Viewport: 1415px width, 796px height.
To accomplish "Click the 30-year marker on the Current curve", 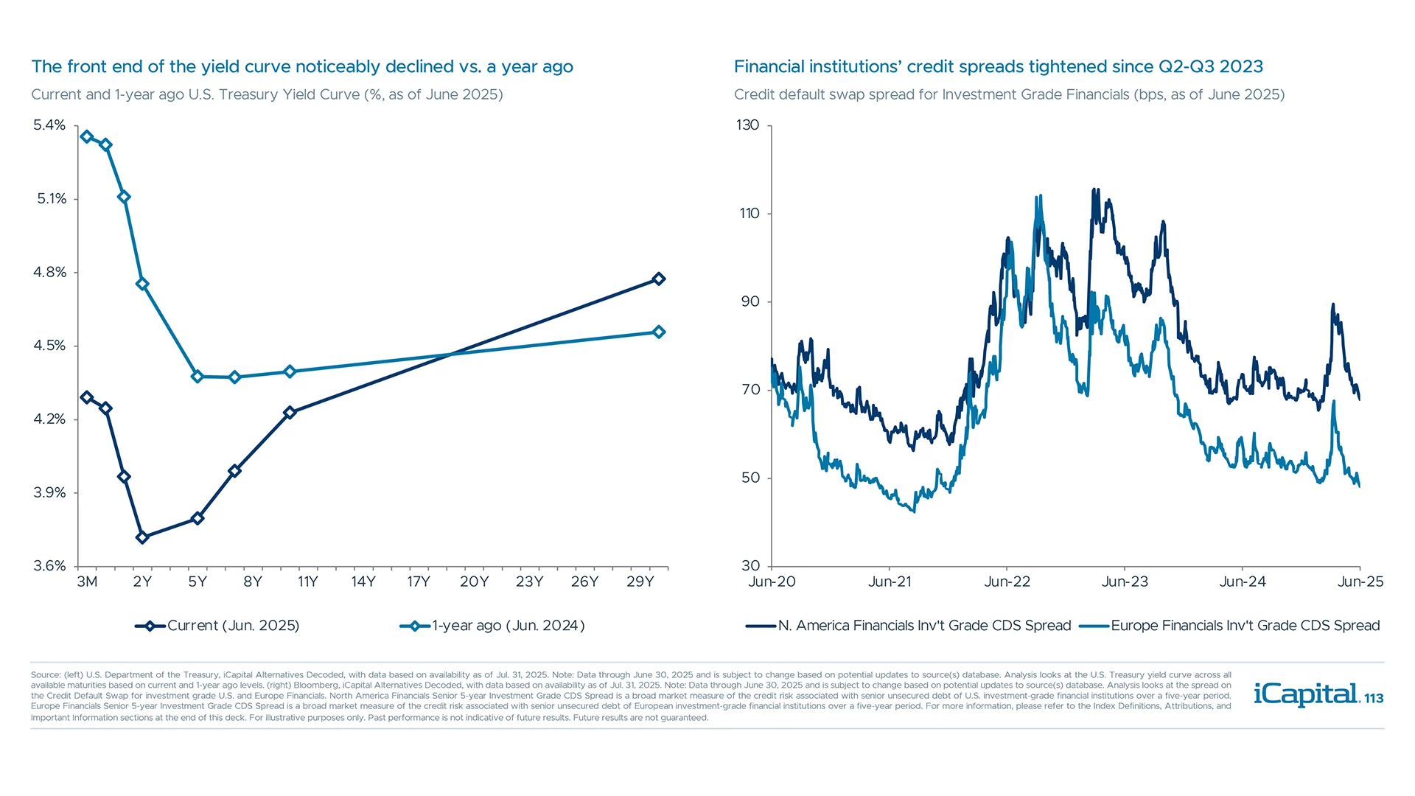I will (659, 279).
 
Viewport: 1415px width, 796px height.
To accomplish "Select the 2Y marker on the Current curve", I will (142, 537).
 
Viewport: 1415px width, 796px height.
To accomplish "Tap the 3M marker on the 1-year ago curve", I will (87, 136).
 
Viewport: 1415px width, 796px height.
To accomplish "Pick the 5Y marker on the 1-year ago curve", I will (197, 377).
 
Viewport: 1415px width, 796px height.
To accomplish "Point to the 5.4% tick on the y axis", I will (49, 125).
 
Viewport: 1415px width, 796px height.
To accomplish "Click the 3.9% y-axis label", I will (49, 492).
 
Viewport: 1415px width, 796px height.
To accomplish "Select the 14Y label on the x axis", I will (363, 582).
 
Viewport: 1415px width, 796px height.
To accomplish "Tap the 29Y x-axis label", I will (640, 582).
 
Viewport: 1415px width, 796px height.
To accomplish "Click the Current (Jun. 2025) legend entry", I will (217, 626).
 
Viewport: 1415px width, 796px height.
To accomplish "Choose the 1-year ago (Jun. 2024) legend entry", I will (492, 626).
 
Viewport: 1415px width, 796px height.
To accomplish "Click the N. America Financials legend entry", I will (908, 626).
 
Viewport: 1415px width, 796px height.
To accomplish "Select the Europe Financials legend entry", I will (1229, 626).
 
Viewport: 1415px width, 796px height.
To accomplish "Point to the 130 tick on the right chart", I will (747, 125).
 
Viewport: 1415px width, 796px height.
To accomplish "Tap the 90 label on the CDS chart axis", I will (750, 301).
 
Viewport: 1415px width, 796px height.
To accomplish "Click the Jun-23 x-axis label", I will (1125, 582).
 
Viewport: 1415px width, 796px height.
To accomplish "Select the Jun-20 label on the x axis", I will (772, 582).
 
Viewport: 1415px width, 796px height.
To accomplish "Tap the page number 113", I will (1374, 699).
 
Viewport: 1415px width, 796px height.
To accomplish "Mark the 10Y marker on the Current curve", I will (290, 412).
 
